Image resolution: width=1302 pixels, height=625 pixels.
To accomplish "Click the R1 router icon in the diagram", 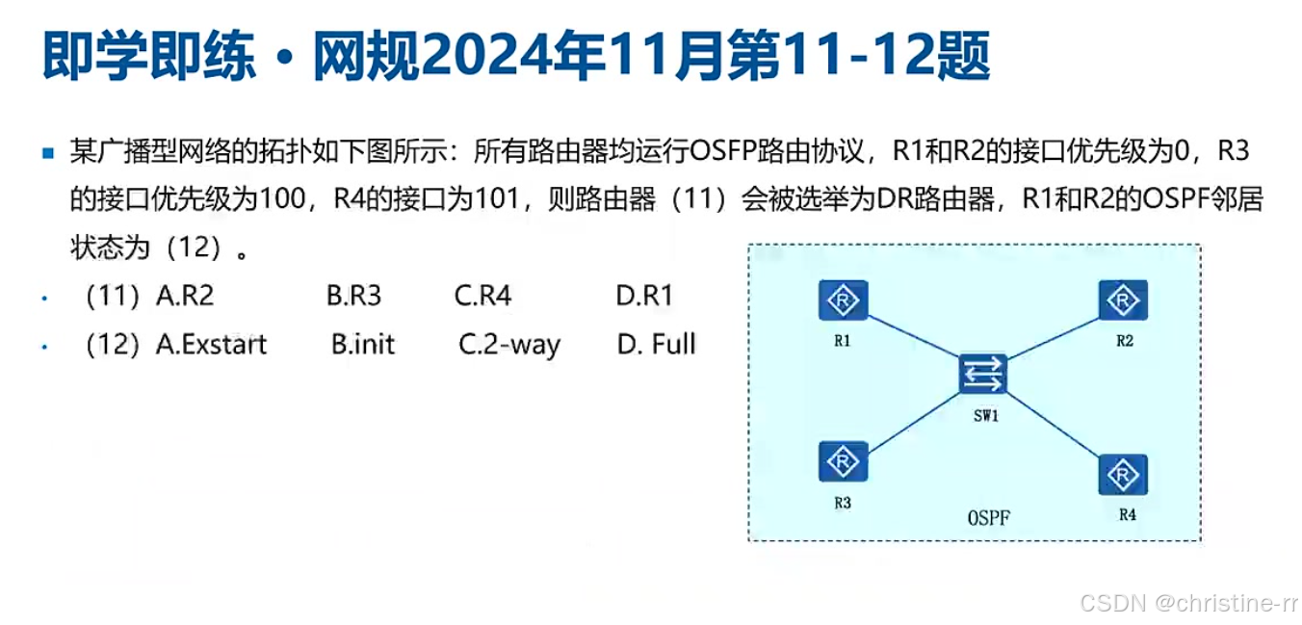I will (843, 301).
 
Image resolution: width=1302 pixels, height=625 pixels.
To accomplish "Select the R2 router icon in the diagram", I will (1123, 301).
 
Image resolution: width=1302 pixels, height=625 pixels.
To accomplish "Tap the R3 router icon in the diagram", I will (843, 462).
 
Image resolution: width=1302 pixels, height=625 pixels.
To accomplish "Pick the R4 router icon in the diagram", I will (1123, 474).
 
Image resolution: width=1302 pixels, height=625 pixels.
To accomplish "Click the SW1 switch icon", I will (983, 374).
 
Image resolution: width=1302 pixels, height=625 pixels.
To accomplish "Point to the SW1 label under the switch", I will (983, 416).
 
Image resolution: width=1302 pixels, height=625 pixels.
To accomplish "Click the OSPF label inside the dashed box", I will (989, 518).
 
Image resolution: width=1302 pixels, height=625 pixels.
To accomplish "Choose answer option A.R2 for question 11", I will (184, 296).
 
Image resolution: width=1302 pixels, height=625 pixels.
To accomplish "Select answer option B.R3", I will (353, 296).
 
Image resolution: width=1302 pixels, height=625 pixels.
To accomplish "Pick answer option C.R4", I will (482, 296).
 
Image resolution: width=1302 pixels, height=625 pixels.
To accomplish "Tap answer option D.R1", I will (644, 296).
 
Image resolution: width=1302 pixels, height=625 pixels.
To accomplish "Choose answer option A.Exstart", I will (211, 344).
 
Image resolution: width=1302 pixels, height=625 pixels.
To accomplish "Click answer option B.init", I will (363, 344).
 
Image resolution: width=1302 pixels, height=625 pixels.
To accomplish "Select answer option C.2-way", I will (508, 345).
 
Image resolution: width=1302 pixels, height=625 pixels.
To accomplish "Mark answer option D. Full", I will (656, 344).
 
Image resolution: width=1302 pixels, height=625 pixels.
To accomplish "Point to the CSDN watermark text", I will (1188, 604).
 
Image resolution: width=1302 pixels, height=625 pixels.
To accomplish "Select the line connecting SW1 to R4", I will (1054, 424).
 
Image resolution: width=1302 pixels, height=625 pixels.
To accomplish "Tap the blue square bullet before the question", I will (48, 153).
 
